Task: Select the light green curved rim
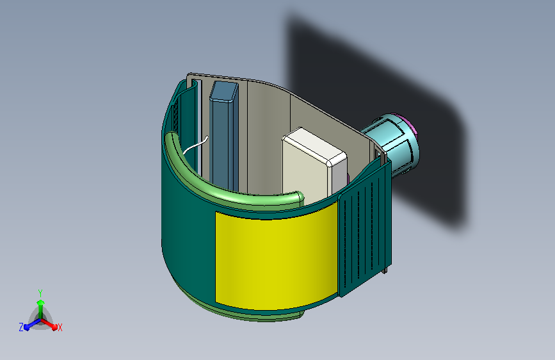point(227,177)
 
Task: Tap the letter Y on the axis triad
point(40,293)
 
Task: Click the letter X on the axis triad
point(60,327)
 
